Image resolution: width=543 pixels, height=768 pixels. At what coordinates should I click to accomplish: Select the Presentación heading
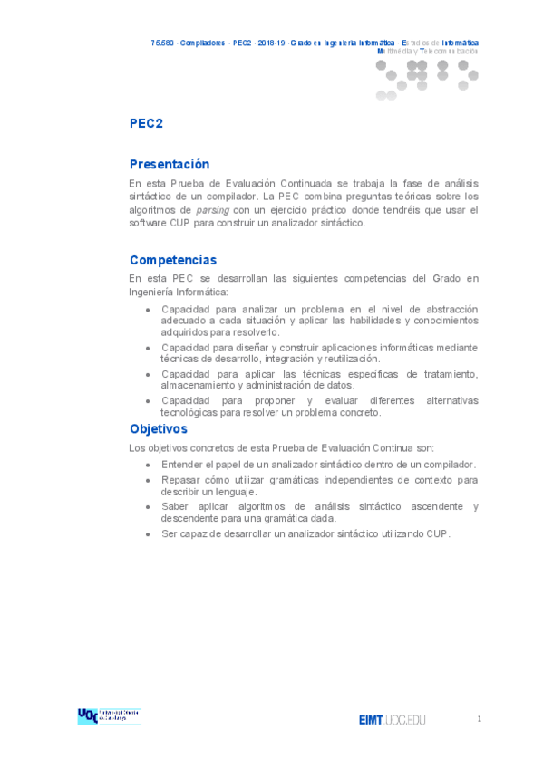pyautogui.click(x=170, y=164)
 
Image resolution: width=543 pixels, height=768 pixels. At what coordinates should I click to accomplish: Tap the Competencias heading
pyautogui.click(x=173, y=260)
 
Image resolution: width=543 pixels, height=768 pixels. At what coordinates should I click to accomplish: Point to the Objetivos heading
pyautogui.click(x=159, y=428)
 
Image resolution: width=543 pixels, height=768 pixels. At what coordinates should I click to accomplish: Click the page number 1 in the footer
pyautogui.click(x=479, y=718)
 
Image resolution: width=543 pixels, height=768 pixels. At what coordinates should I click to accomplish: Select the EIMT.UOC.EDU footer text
pyautogui.click(x=392, y=720)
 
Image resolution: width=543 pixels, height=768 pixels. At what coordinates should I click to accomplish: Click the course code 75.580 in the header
pyautogui.click(x=162, y=43)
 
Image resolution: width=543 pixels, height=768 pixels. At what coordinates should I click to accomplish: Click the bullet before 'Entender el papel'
pyautogui.click(x=148, y=465)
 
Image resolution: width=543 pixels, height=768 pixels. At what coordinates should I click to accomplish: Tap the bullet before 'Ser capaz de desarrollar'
pyautogui.click(x=148, y=533)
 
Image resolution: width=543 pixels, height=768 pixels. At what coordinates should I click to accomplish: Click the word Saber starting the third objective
pyautogui.click(x=176, y=506)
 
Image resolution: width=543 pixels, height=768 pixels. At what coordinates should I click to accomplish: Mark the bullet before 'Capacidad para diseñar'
pyautogui.click(x=148, y=347)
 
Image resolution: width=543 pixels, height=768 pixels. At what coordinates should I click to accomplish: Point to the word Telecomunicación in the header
pyautogui.click(x=450, y=51)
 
